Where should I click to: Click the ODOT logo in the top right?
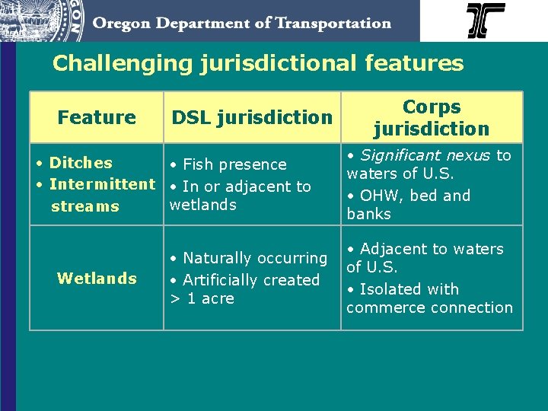[x=486, y=21]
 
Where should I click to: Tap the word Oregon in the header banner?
[x=123, y=23]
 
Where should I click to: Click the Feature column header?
[x=97, y=117]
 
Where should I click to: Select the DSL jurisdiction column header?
[x=252, y=117]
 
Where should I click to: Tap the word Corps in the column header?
[x=432, y=107]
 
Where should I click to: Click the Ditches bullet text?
[x=80, y=163]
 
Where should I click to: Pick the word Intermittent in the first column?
[x=102, y=184]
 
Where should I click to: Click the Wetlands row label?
[x=97, y=279]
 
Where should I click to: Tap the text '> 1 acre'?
[x=202, y=299]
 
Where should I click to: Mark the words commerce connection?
[x=429, y=308]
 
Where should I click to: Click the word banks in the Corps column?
[x=368, y=215]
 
